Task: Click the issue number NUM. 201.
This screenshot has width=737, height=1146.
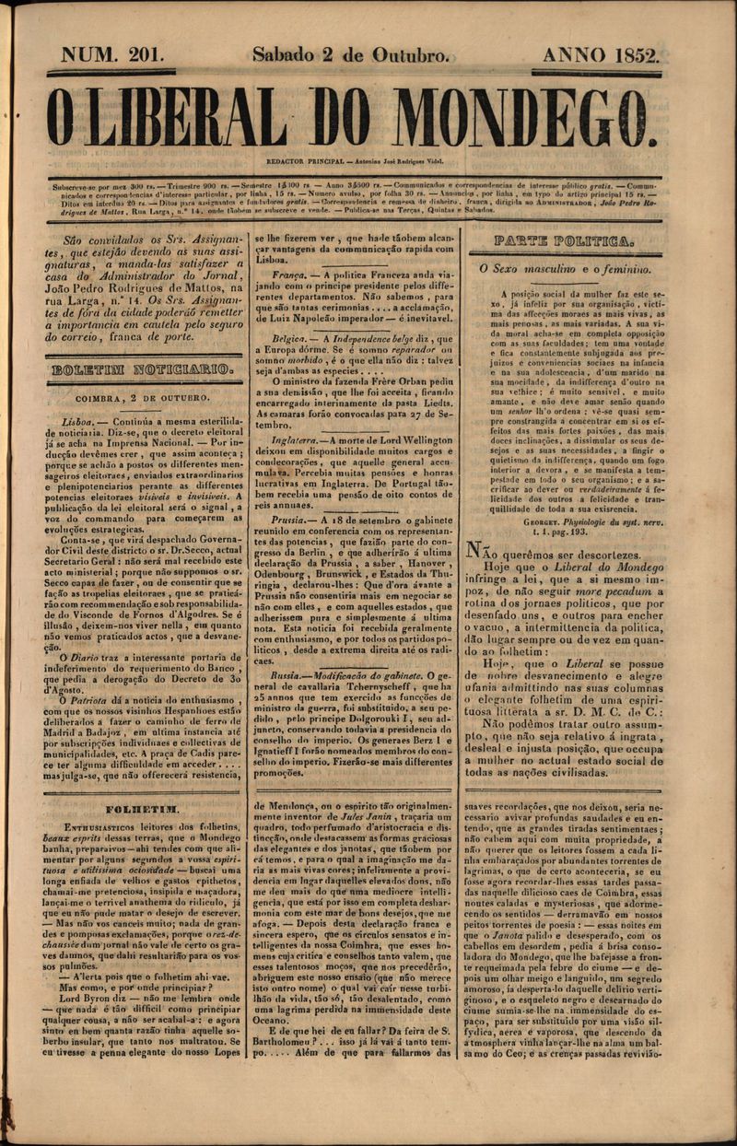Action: (x=112, y=55)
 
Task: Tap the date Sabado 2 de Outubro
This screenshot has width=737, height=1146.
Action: (x=351, y=55)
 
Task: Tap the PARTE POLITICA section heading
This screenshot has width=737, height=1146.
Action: (x=563, y=241)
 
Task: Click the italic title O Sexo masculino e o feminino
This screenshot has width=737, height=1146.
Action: (x=565, y=269)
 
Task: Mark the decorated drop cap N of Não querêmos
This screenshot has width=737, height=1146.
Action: (x=475, y=549)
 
